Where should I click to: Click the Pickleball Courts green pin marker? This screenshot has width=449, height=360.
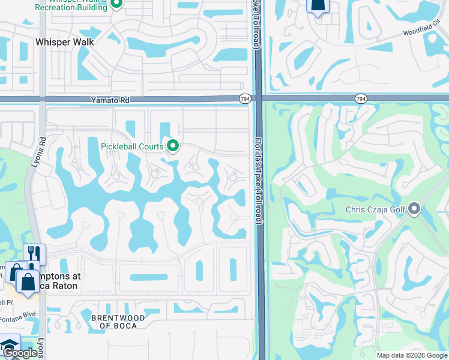[x=173, y=145]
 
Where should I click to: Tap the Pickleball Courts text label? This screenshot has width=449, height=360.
[x=132, y=145]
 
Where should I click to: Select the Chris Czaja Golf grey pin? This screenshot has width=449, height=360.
[x=414, y=209]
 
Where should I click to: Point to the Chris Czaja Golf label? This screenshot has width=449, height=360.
[x=375, y=210]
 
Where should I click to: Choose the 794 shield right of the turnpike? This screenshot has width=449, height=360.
[x=360, y=98]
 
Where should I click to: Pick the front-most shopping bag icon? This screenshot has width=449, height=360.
[x=27, y=280]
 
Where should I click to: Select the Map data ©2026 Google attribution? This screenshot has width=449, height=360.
[x=411, y=355]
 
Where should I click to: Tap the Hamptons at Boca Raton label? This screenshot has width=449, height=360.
[x=60, y=281]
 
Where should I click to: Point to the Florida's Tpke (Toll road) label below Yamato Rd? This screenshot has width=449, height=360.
[x=259, y=180]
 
